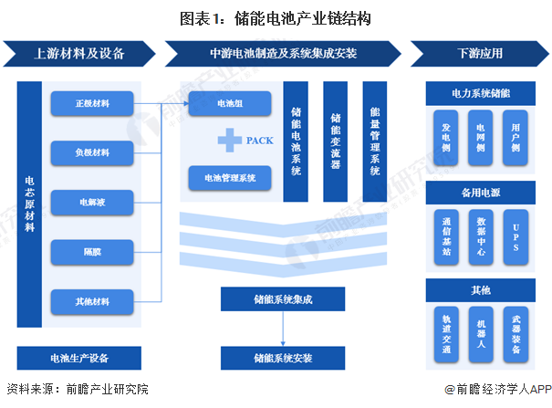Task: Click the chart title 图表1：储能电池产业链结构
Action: point(276,16)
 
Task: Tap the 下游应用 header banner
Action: point(479,53)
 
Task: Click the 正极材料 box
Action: point(92,103)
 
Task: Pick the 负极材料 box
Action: point(92,152)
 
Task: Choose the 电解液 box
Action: point(92,201)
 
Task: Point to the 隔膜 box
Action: point(92,250)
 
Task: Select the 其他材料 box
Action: point(92,299)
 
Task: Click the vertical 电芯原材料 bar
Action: point(30,204)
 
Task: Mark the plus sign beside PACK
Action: point(228,141)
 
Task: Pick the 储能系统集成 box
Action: point(269,298)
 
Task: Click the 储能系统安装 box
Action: point(269,357)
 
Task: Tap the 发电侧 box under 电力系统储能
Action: point(445,137)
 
